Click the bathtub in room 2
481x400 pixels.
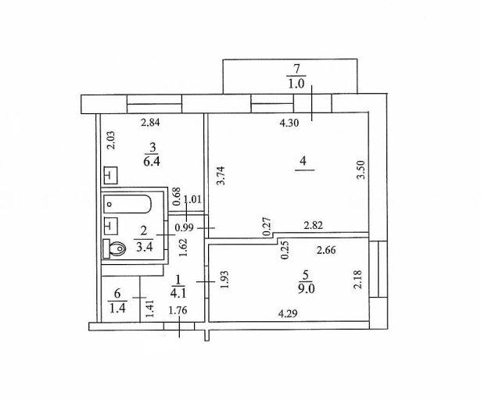[x=127, y=204]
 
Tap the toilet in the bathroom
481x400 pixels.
[x=114, y=248]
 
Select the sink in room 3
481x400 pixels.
[x=111, y=176]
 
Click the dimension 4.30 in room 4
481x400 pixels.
[x=289, y=123]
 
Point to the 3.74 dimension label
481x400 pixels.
[x=221, y=176]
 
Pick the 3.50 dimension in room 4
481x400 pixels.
[x=361, y=170]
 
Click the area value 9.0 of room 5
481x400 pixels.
[x=306, y=289]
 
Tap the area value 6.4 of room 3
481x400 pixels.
[x=152, y=161]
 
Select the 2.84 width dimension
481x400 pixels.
[x=150, y=123]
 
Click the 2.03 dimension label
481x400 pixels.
[x=111, y=140]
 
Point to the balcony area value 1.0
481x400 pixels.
[x=296, y=84]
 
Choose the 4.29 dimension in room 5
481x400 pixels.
[x=288, y=313]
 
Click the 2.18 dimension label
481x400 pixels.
[x=358, y=279]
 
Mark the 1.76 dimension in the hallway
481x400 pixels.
[x=178, y=310]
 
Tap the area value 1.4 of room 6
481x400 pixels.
[x=118, y=308]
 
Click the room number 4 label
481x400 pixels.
[x=303, y=161]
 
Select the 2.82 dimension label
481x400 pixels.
[x=313, y=226]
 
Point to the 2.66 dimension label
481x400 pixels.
[x=326, y=251]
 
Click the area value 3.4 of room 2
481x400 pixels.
[x=145, y=247]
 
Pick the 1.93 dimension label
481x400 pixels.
[x=224, y=279]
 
